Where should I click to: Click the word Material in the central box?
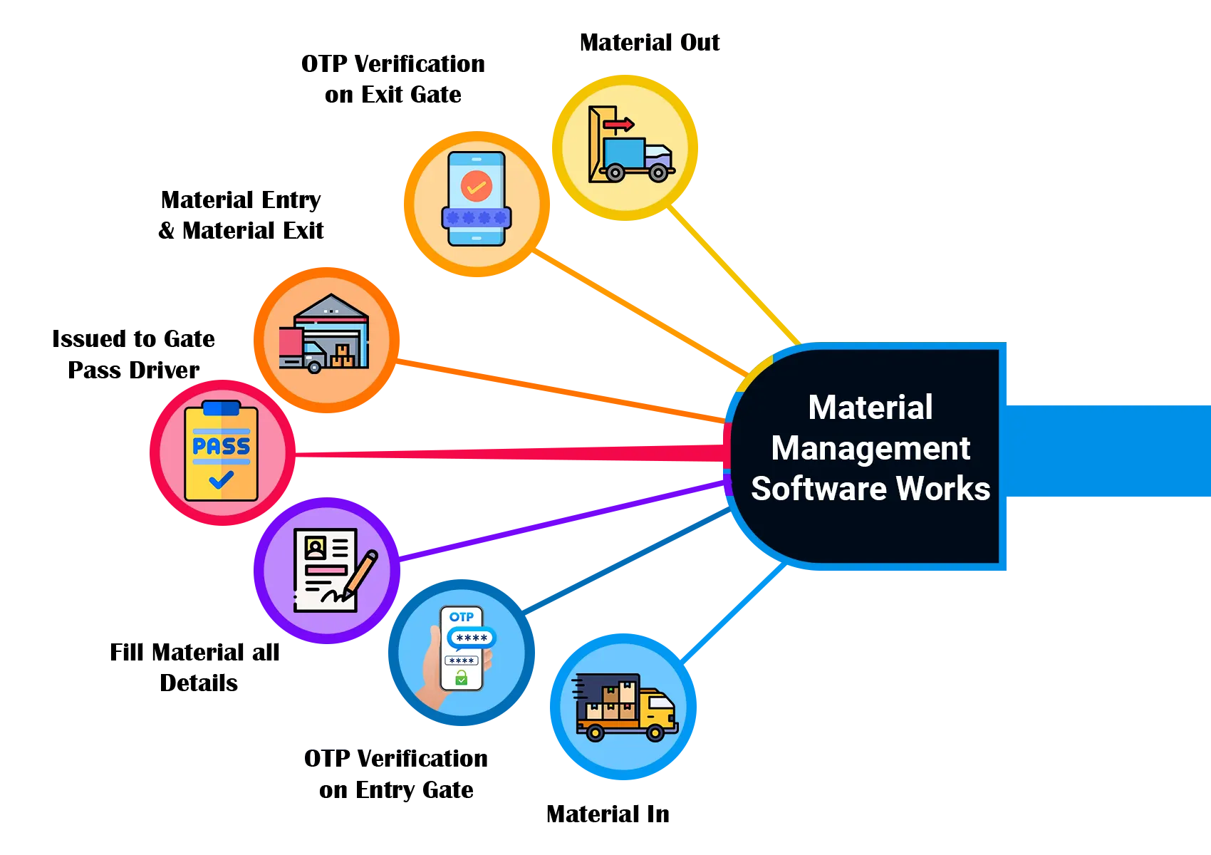tap(870, 408)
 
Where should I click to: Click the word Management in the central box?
tap(870, 449)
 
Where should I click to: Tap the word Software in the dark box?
tap(818, 489)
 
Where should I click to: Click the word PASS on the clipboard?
tap(221, 447)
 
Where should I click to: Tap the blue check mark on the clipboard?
tap(221, 480)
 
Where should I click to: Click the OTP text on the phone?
tap(462, 617)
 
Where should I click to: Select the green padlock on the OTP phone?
tap(462, 679)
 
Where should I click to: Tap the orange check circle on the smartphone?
tap(476, 187)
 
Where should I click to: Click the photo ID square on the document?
tap(315, 547)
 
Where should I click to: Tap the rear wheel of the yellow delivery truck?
tap(595, 732)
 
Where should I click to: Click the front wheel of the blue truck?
tap(659, 172)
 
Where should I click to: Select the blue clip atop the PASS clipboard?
tap(221, 408)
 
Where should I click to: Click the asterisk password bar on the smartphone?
tap(476, 217)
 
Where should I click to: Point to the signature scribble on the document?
tap(335, 596)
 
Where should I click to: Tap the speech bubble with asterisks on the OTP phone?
tap(471, 638)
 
